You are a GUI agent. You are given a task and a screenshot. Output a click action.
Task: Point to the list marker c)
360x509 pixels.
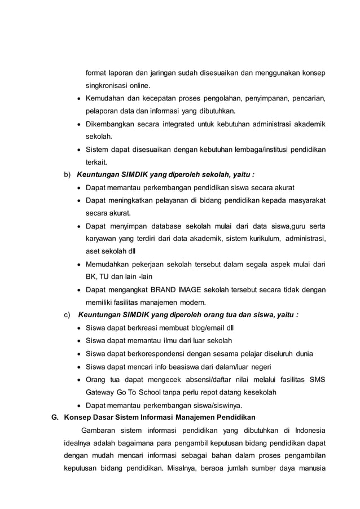[x=67, y=314]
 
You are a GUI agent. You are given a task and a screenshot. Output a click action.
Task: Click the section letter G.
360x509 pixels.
[x=55, y=417]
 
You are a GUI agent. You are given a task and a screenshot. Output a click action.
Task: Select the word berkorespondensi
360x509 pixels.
[x=157, y=354]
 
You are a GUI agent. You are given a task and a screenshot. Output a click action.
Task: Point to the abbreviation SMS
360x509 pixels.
[x=317, y=379]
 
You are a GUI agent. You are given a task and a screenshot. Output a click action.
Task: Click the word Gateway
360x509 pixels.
[x=100, y=392]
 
